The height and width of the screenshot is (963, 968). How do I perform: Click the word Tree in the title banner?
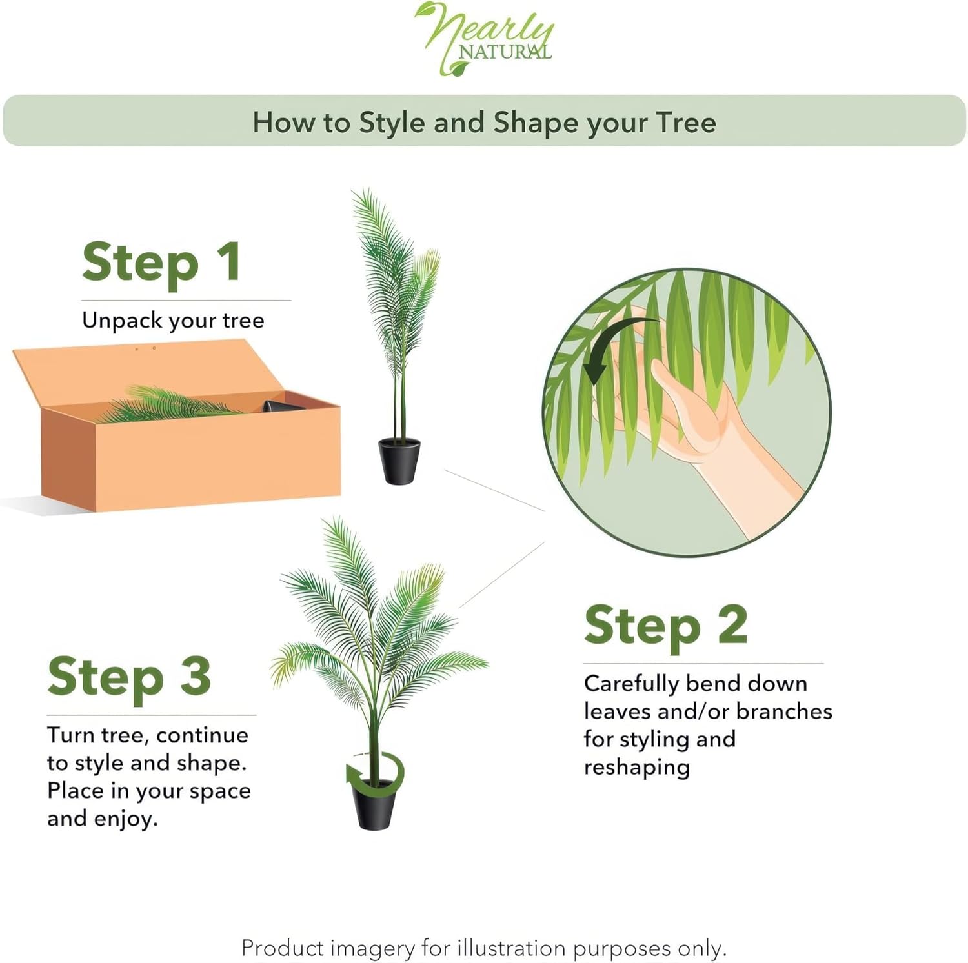coord(685,123)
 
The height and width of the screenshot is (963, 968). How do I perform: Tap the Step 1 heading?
coord(161,263)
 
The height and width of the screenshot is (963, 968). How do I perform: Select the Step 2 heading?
coord(665,625)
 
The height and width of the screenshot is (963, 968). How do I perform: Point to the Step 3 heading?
coord(129,677)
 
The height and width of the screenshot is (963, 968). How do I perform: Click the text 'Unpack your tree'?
coord(173,321)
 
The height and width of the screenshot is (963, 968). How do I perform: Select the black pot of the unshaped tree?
coord(399,461)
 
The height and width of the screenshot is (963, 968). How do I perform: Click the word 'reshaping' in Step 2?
coord(636,768)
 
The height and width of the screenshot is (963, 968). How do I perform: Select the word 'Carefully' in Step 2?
coord(630,684)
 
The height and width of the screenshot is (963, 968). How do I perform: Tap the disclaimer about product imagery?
coord(484,948)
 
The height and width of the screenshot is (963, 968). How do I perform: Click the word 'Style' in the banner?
coord(392,123)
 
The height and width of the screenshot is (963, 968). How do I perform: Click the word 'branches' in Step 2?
coord(783,711)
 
